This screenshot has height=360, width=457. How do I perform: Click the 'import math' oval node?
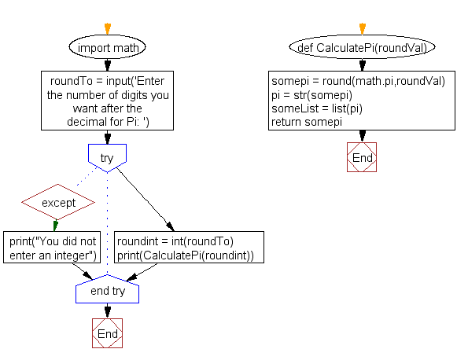(x=108, y=48)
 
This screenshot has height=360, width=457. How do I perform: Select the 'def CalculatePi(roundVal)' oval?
(x=362, y=48)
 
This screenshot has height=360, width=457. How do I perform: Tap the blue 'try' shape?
(x=107, y=157)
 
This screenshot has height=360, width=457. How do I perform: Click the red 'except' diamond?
(x=59, y=203)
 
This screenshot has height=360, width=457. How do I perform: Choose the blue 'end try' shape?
(x=107, y=291)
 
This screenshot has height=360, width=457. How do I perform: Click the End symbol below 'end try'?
(x=107, y=333)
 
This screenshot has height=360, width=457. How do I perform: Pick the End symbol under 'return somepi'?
(x=362, y=157)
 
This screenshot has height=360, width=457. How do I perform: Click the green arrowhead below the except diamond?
(x=55, y=227)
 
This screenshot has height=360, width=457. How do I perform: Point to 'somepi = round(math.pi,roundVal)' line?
(x=358, y=81)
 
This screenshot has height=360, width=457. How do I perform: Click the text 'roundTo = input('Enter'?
(x=109, y=81)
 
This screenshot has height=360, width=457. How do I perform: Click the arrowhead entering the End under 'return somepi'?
(x=362, y=138)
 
